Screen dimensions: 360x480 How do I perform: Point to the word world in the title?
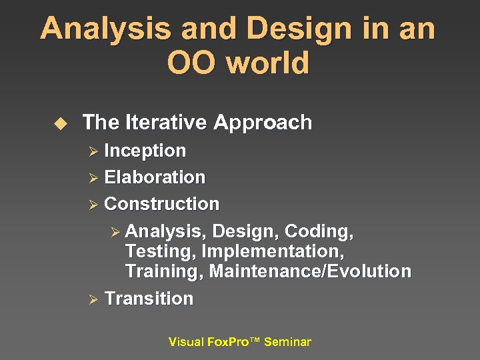(x=268, y=63)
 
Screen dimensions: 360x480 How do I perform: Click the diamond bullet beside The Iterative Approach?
(x=61, y=123)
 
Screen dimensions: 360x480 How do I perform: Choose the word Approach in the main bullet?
(x=263, y=123)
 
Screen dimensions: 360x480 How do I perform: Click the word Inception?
(x=145, y=151)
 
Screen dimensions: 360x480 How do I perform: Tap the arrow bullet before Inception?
(x=93, y=151)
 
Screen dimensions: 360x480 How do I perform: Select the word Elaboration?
(x=155, y=177)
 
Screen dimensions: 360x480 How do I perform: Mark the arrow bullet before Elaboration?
(x=93, y=178)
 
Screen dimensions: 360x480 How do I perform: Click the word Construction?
(x=161, y=204)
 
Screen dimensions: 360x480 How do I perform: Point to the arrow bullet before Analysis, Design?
(x=115, y=232)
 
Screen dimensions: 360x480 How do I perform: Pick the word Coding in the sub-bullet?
(x=318, y=231)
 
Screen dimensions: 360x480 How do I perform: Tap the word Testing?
(x=160, y=252)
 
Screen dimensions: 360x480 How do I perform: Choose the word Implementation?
(x=272, y=252)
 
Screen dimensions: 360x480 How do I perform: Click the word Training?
(x=163, y=272)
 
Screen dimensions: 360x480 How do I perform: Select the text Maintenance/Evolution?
(x=310, y=272)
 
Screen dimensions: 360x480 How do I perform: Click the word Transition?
(x=149, y=299)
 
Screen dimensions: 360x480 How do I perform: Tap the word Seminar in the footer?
(x=287, y=342)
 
